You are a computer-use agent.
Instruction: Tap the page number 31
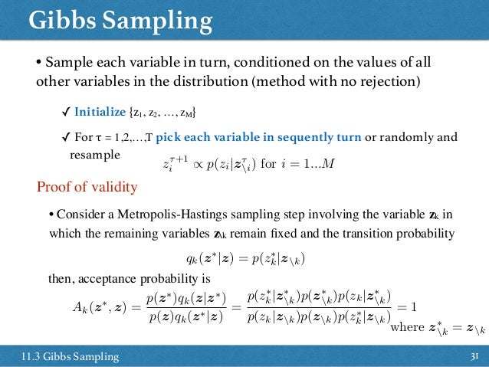474,356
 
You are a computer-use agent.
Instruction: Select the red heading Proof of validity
87,188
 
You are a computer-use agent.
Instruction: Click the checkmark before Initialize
66,113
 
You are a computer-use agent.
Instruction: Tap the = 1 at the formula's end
406,307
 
